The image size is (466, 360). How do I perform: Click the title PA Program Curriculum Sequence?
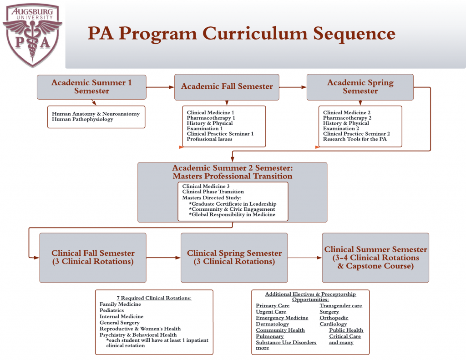click(x=241, y=34)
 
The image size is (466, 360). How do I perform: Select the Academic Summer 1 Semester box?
click(x=91, y=86)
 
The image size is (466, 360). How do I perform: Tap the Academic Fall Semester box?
click(x=227, y=86)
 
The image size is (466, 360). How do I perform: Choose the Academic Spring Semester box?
click(x=360, y=86)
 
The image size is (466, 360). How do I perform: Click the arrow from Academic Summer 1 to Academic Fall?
click(x=160, y=86)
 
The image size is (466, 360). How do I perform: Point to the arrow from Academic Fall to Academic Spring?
click(x=293, y=86)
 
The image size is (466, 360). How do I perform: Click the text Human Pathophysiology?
click(x=82, y=120)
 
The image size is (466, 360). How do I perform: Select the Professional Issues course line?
click(x=209, y=139)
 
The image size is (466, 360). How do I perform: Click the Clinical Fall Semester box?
click(x=93, y=257)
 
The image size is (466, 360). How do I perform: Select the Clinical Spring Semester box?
click(x=234, y=257)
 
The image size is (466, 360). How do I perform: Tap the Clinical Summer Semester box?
click(x=375, y=257)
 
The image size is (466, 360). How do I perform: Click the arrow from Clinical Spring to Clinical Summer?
click(x=305, y=258)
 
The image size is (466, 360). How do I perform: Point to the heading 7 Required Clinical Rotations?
click(x=154, y=298)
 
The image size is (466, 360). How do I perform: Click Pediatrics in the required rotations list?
click(x=112, y=310)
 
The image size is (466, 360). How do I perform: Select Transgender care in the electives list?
click(x=340, y=306)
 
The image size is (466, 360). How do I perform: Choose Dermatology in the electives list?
click(x=272, y=324)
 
